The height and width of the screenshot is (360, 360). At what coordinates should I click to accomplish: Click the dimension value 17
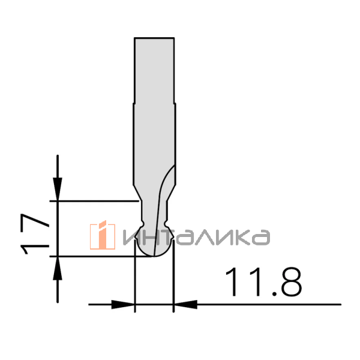pos(35,234)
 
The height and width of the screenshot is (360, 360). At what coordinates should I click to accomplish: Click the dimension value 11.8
pos(264,282)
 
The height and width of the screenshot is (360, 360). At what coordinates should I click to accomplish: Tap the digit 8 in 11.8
pos(292,282)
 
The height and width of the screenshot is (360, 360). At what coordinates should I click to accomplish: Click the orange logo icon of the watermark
pos(103,235)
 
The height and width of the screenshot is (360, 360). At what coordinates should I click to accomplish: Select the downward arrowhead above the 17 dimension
pos(58,190)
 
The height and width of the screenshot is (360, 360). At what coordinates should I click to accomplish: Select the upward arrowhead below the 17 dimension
pos(58,268)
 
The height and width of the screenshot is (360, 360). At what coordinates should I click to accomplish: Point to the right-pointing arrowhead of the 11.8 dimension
pos(123,304)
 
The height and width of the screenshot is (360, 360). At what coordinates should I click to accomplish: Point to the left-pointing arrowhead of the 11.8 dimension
pos(185,304)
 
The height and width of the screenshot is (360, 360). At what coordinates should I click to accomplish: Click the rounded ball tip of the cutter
pos(154,248)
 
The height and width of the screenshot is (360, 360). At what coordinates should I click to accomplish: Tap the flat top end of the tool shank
pos(154,38)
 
